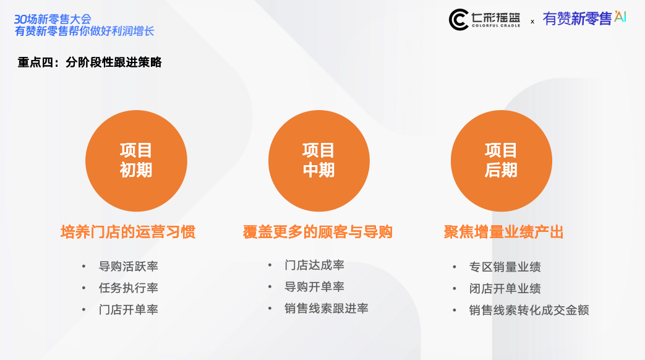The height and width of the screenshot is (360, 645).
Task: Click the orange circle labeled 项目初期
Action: coord(136,161)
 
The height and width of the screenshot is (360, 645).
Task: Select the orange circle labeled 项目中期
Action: coord(319,161)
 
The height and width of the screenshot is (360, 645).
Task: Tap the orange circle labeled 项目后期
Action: coord(502,161)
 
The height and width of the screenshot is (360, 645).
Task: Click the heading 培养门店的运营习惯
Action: coord(128,232)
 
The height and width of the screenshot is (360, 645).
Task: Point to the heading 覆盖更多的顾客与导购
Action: coord(318,232)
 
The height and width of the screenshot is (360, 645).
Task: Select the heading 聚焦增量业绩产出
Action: coord(503,232)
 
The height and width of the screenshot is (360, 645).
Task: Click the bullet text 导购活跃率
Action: coord(129,266)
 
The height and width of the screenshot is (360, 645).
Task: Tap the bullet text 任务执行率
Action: coord(129,288)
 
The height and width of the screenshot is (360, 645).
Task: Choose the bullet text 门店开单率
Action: coord(129,309)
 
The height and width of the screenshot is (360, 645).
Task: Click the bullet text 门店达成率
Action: coord(314,265)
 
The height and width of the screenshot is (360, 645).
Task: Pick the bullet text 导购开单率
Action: coord(314,287)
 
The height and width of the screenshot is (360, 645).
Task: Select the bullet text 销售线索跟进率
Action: coord(326,309)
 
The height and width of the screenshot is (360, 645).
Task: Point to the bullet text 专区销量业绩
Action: coord(505,267)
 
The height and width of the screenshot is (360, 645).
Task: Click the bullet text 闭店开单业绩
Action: coord(505,288)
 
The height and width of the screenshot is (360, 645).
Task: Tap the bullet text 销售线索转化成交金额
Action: coord(529,311)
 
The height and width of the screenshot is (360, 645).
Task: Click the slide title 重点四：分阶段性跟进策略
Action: coord(90,62)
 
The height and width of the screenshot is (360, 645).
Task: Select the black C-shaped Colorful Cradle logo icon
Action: coord(458,19)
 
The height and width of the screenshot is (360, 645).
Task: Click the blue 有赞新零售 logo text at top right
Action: coord(577,19)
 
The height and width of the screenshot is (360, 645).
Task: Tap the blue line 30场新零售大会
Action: coord(53,19)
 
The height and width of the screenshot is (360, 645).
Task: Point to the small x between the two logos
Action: coord(532,22)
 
